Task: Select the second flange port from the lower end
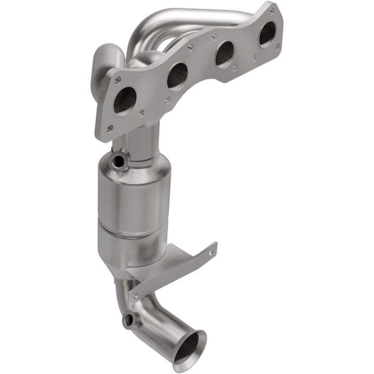click(x=178, y=75)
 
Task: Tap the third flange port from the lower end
click(x=224, y=54)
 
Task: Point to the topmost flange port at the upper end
click(x=267, y=34)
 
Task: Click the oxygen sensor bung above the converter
click(x=119, y=161)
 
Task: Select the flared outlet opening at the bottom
click(x=189, y=346)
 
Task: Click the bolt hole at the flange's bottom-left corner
click(x=110, y=127)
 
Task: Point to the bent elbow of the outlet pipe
click(x=156, y=317)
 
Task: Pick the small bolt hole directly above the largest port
click(x=118, y=81)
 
